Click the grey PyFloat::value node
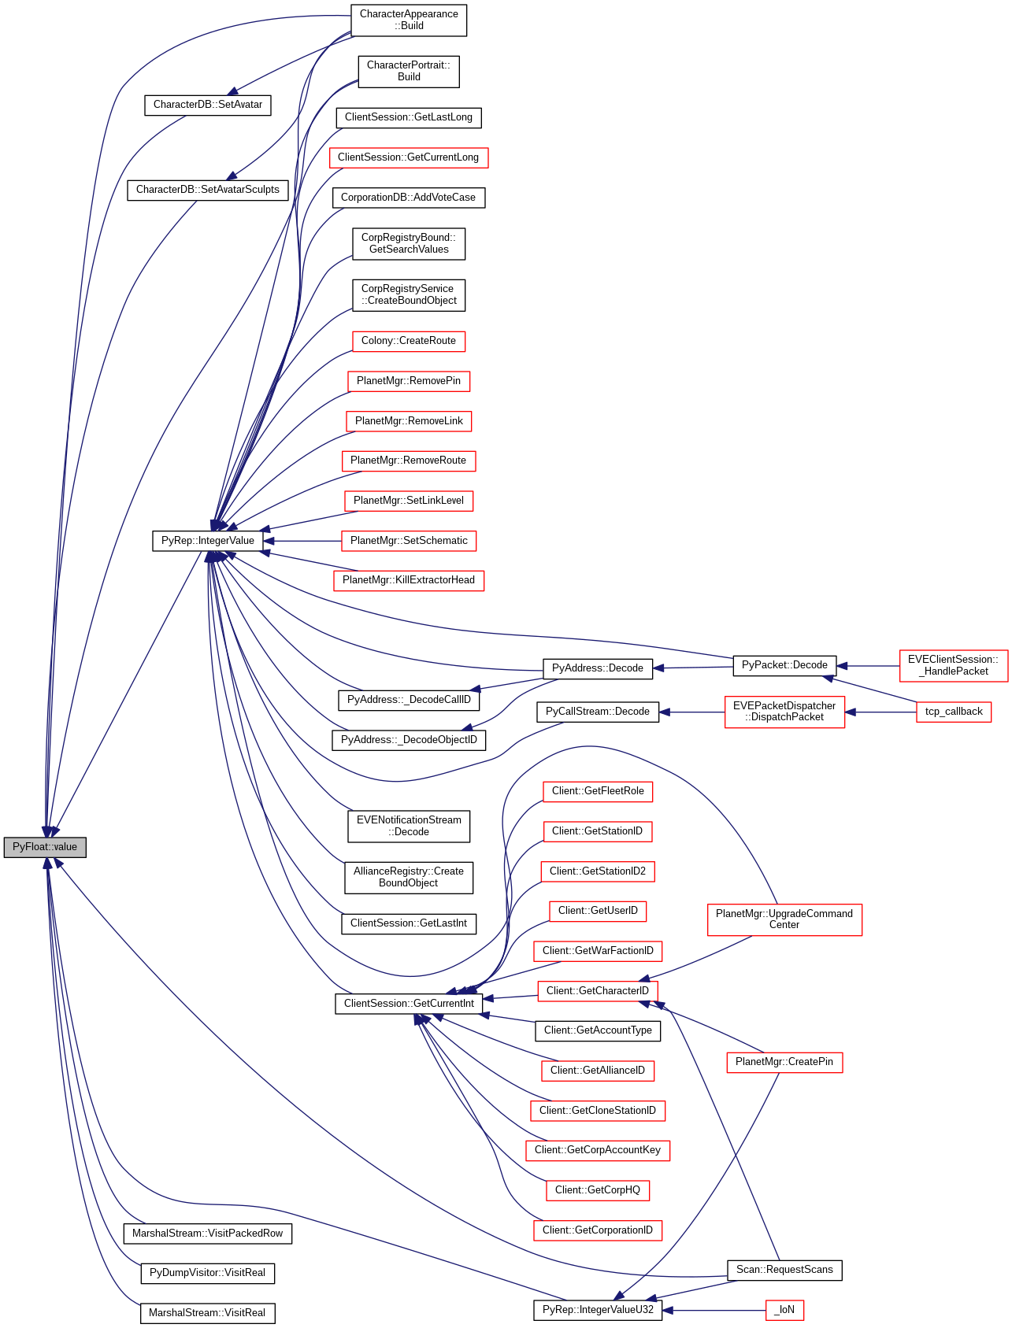[x=45, y=847]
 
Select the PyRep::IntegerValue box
[x=207, y=541]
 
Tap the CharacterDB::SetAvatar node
[x=207, y=105]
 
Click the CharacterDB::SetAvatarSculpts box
[x=207, y=190]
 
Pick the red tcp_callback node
[x=953, y=712]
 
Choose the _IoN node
[x=784, y=1310]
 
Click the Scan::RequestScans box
[x=784, y=1270]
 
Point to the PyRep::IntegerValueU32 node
[x=598, y=1310]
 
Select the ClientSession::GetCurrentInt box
[x=409, y=1004]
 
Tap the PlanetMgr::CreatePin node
[x=784, y=1062]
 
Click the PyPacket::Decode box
[x=784, y=665]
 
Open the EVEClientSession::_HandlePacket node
[x=953, y=665]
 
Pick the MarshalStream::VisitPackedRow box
[x=207, y=1234]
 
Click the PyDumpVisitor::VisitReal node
[x=207, y=1273]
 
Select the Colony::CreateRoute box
[x=408, y=341]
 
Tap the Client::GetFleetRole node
[x=598, y=791]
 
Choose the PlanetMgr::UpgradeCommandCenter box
[x=784, y=919]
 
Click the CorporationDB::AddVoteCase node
[x=408, y=198]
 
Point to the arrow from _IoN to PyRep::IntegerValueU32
[x=714, y=1310]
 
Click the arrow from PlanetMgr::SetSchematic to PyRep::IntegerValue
[x=302, y=541]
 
